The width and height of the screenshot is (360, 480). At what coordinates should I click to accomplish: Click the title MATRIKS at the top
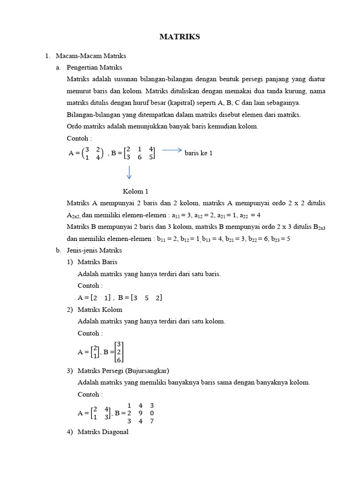click(x=180, y=37)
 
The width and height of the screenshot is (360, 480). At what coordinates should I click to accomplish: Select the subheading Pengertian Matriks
click(x=94, y=67)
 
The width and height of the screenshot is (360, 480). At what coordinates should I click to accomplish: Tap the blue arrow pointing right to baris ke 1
click(x=172, y=150)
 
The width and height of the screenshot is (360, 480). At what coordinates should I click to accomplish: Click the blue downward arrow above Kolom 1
click(x=129, y=172)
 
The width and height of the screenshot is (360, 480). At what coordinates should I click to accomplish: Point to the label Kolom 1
click(x=135, y=191)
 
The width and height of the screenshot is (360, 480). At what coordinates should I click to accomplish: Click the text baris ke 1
click(x=199, y=153)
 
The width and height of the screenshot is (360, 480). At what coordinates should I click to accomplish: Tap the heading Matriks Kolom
click(x=100, y=310)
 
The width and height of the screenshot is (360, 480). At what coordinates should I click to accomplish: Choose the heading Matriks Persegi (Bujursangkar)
click(x=123, y=371)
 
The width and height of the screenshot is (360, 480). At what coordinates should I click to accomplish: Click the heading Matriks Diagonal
click(x=103, y=432)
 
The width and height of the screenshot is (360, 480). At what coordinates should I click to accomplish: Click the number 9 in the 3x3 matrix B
click(x=140, y=413)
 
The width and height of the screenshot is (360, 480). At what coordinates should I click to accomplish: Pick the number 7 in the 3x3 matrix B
click(x=151, y=421)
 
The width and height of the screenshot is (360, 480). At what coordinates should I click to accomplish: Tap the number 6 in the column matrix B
click(x=119, y=360)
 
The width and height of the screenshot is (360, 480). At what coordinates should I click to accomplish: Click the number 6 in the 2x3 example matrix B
click(x=139, y=157)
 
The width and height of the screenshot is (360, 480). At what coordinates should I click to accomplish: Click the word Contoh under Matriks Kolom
click(x=89, y=333)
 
